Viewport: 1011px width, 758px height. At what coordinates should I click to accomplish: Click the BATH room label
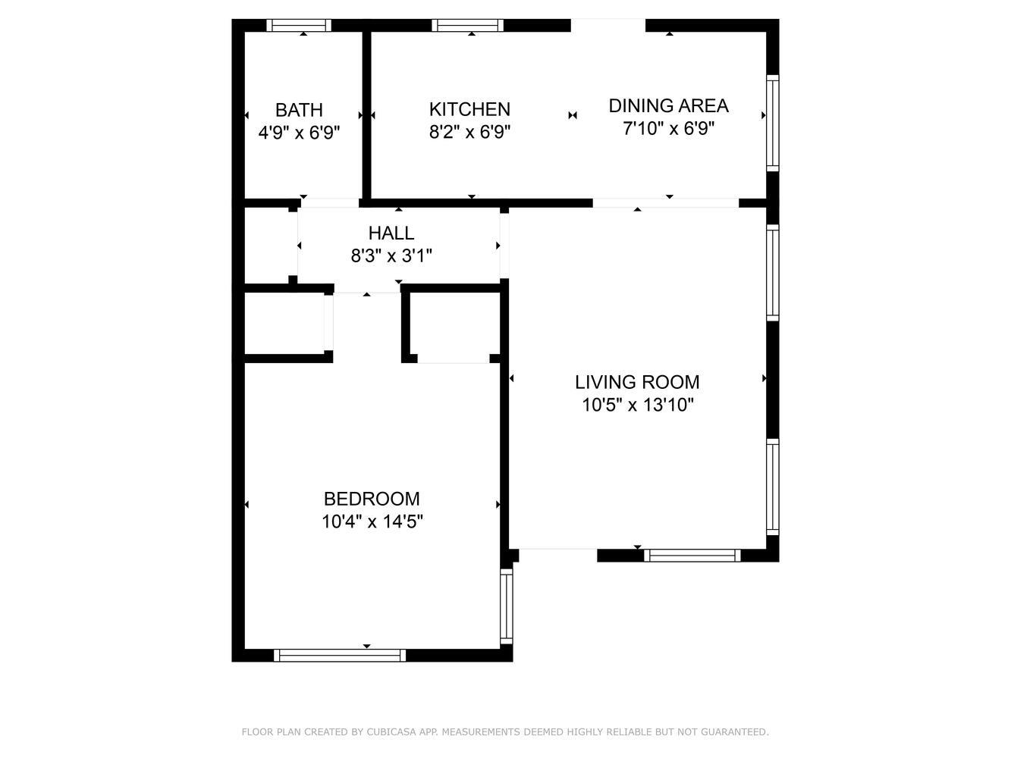click(x=299, y=110)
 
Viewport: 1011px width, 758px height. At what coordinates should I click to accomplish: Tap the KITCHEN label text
click(x=469, y=110)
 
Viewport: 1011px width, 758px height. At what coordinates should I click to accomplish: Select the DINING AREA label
click(x=669, y=106)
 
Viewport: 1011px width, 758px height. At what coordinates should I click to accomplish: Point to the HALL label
click(x=391, y=233)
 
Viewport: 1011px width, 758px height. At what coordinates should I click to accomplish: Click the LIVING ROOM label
click(x=637, y=382)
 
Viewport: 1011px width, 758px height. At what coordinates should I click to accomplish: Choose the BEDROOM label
click(x=372, y=499)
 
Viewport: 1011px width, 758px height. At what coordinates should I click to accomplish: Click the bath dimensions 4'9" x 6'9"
click(x=299, y=133)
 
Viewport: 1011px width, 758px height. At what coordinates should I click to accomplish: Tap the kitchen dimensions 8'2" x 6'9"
click(x=469, y=132)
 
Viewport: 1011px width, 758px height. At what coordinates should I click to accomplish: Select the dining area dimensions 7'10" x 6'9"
click(x=669, y=128)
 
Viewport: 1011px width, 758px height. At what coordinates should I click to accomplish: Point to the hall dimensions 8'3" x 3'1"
click(x=391, y=255)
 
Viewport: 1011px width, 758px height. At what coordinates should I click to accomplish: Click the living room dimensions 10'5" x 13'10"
click(x=637, y=405)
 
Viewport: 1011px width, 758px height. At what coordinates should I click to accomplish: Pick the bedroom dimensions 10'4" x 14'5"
click(x=372, y=522)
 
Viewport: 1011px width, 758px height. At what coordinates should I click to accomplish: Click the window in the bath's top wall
click(x=299, y=25)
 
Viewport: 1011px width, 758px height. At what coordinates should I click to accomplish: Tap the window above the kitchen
click(x=467, y=25)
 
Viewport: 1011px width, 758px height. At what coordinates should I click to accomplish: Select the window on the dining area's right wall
click(x=773, y=123)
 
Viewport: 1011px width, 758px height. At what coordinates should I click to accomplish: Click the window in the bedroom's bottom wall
click(x=340, y=656)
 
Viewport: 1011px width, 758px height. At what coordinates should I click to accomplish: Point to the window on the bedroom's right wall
click(x=507, y=606)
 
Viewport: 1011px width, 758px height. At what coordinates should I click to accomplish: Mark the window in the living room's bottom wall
click(x=692, y=556)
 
